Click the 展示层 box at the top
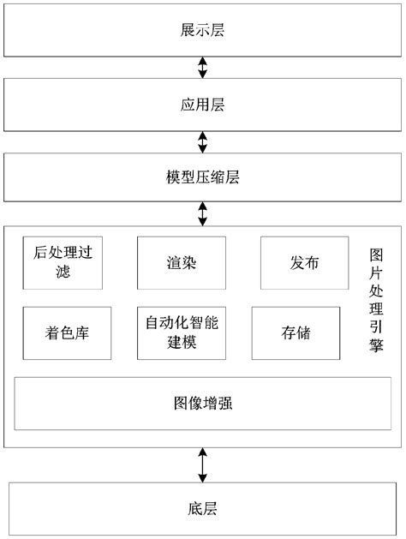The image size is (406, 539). pyautogui.click(x=202, y=30)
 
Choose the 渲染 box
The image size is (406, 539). pyautogui.click(x=182, y=264)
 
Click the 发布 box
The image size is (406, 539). pyautogui.click(x=304, y=264)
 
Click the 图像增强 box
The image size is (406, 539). pyautogui.click(x=202, y=403)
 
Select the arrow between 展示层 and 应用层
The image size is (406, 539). pyautogui.click(x=202, y=66)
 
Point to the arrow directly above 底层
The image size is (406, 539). pyautogui.click(x=202, y=464)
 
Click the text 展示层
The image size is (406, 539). pyautogui.click(x=202, y=30)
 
